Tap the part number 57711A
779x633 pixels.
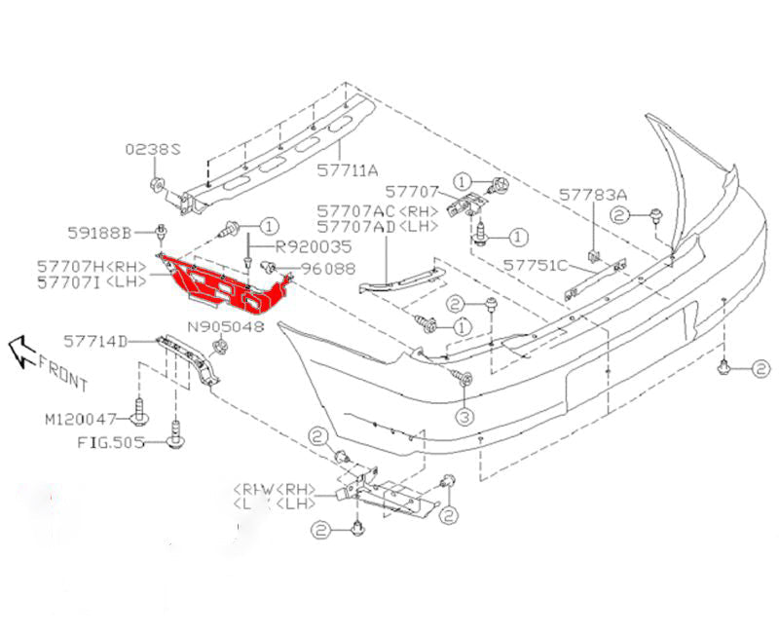point(347,169)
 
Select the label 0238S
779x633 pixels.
point(153,150)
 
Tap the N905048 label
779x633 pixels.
point(225,327)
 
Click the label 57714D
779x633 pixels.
point(95,341)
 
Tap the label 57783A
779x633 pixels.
point(593,195)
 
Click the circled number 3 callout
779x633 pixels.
point(464,417)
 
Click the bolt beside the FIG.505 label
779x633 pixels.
point(175,441)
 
